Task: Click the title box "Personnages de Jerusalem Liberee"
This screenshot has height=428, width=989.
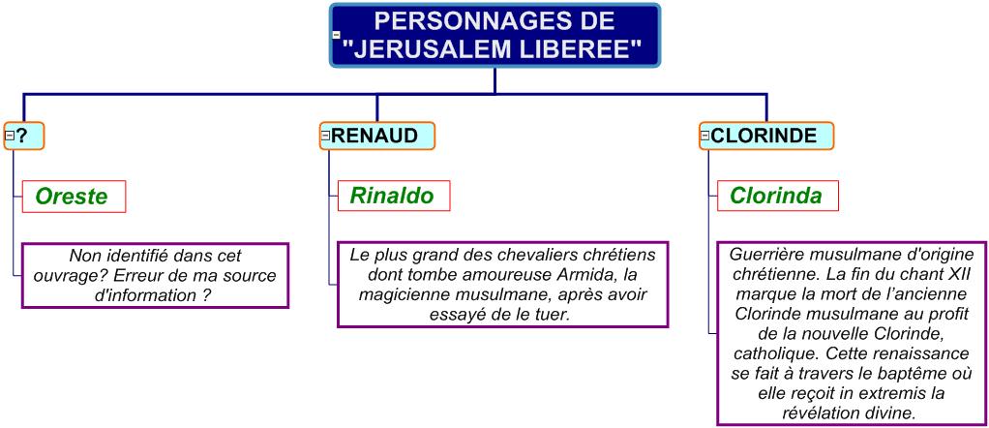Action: click(494, 36)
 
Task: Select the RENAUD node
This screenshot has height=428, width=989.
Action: click(376, 136)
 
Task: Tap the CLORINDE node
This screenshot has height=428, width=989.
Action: click(765, 136)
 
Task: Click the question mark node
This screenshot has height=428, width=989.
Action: click(24, 136)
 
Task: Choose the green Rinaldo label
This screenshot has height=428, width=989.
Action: click(392, 196)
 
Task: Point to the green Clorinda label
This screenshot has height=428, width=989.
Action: click(776, 196)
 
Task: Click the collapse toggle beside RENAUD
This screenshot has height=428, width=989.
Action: click(326, 136)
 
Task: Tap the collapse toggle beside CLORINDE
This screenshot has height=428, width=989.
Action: click(705, 136)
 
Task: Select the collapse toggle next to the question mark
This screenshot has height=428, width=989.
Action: click(10, 136)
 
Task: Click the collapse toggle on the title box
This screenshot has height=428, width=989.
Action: click(336, 36)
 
